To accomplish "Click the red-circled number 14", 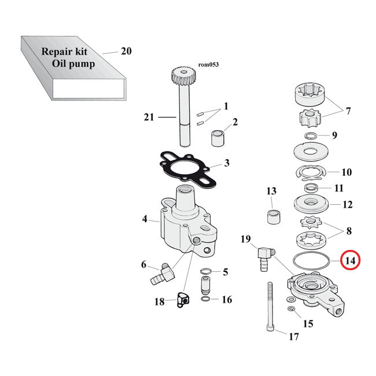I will point(349,261).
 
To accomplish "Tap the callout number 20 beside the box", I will point(126,51).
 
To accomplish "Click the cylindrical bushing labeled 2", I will point(218,139).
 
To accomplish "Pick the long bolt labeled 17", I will point(270,311).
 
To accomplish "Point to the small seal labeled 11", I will point(312,188).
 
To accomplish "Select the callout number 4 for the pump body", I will point(145,219).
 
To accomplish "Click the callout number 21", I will point(148,118).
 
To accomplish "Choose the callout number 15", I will point(308,324).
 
